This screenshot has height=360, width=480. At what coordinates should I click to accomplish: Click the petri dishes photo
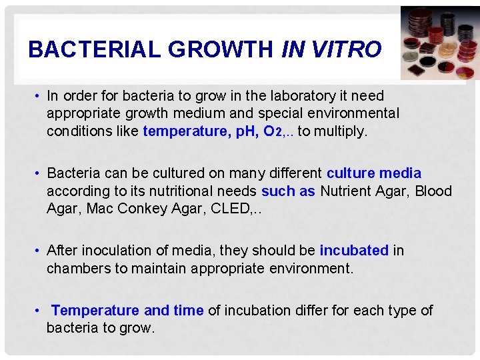(x=439, y=43)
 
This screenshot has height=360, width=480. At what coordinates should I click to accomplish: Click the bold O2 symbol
(x=273, y=132)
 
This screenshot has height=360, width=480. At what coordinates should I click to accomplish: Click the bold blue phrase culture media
(x=374, y=173)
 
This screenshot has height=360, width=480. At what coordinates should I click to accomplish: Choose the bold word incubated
(x=354, y=251)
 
